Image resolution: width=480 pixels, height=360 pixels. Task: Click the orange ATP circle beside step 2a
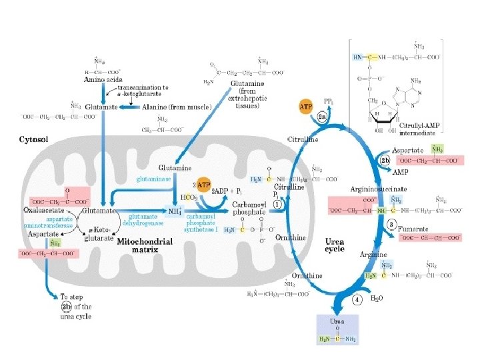click(306, 107)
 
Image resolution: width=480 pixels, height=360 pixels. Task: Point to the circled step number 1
click(276, 205)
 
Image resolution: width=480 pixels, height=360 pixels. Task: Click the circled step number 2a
click(322, 118)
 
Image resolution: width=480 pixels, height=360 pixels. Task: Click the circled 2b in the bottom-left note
click(66, 307)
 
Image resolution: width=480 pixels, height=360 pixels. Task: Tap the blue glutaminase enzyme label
click(153, 179)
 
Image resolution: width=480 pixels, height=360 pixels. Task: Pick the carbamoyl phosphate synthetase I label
click(201, 223)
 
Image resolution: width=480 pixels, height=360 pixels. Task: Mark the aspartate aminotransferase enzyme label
click(50, 223)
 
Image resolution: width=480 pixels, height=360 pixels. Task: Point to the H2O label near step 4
click(377, 299)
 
